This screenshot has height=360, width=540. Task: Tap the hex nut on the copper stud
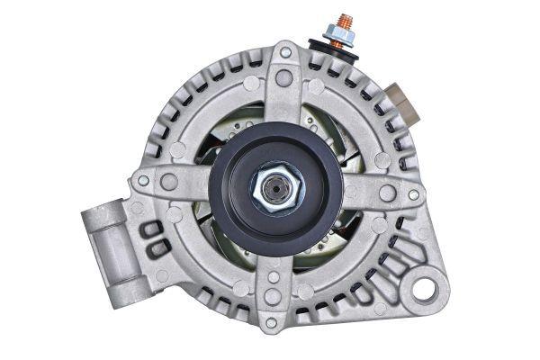pyautogui.click(x=341, y=36)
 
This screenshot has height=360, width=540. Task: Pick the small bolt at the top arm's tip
pyautogui.click(x=285, y=53)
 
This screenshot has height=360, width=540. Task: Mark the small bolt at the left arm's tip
pyautogui.click(x=143, y=181)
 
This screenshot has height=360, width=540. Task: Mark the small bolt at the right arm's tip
pyautogui.click(x=413, y=194)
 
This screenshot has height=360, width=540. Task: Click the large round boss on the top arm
pyautogui.click(x=283, y=79)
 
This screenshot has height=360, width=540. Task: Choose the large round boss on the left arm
pyautogui.click(x=169, y=182)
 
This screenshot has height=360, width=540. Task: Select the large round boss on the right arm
pyautogui.click(x=387, y=193)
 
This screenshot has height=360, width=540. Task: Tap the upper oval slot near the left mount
pyautogui.click(x=149, y=229)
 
